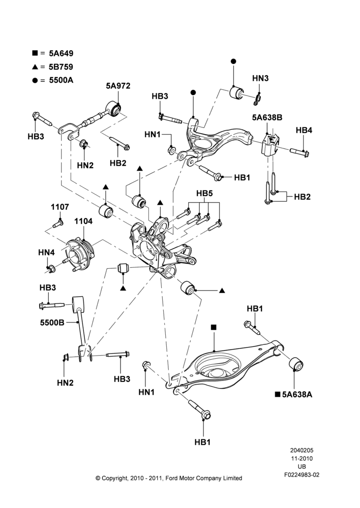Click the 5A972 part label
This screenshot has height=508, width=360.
118,86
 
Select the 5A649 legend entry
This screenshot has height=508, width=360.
53,53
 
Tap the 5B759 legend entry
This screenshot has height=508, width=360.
52,67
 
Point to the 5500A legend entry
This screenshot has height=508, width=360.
53,80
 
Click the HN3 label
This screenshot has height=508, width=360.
260,78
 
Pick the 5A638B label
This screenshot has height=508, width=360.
267,117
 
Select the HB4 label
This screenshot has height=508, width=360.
304,130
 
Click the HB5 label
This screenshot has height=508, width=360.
204,194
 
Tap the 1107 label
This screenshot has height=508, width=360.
59,207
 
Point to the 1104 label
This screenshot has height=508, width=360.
83,221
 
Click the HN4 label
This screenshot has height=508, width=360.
46,252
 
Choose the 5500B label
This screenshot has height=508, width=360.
52,323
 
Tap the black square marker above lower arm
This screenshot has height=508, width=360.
214,327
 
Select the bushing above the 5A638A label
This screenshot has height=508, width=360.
296,364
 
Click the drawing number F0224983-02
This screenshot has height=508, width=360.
302,474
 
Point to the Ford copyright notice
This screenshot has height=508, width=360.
169,478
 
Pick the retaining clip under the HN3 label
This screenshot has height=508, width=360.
258,100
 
